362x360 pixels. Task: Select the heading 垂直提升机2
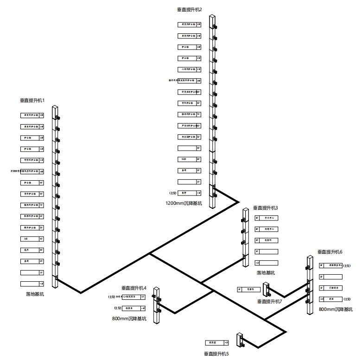(189, 9)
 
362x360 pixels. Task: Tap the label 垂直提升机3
(266, 208)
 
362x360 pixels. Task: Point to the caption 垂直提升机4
(134, 288)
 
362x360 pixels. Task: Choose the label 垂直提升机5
(216, 354)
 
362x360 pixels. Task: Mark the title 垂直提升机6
(330, 252)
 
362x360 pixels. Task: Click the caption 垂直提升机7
(269, 301)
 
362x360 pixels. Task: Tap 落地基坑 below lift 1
(35, 294)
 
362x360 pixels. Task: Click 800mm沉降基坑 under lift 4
(129, 319)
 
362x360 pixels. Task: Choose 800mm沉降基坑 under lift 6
(336, 309)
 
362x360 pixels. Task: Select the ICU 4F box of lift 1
(32, 239)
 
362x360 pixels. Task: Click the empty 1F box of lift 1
(32, 272)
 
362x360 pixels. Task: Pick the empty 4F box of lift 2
(189, 148)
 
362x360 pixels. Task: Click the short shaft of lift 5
(240, 340)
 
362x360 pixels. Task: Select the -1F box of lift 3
(267, 262)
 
